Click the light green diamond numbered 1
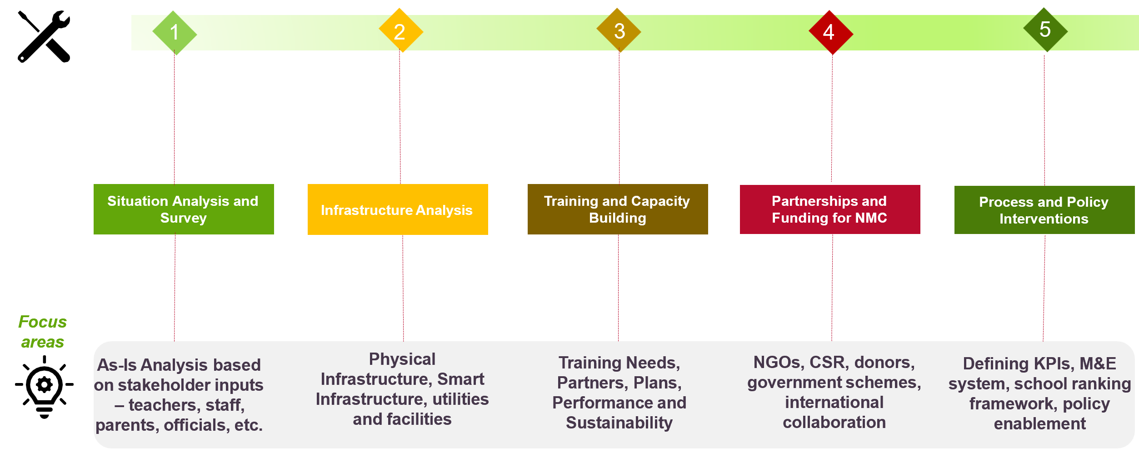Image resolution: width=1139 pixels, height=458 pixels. pos(175,33)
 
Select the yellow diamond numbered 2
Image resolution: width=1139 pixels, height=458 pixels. pos(400,31)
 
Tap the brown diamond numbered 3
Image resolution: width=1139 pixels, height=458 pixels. pos(619,30)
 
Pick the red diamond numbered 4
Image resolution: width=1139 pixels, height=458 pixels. pos(830,32)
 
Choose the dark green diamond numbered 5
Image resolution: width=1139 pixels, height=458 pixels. pos(1045,30)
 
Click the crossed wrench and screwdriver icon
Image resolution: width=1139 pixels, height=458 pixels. pos(44,36)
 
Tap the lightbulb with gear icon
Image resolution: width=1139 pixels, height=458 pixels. pos(44,386)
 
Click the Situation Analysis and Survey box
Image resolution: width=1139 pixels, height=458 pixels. pos(184,209)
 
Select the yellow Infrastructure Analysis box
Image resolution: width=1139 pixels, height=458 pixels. pos(398,209)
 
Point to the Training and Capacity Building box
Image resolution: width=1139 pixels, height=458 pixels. pos(618,209)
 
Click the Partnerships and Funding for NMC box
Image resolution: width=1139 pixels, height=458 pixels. pos(830,209)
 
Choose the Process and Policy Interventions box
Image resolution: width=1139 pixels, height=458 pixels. pos(1044,210)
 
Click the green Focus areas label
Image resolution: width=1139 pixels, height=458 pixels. pos(42,332)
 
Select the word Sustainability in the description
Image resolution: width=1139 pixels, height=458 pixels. pos(619,423)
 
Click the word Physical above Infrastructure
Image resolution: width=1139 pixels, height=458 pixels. pos(402,359)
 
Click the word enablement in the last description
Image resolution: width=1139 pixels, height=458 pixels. pos(1039,424)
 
